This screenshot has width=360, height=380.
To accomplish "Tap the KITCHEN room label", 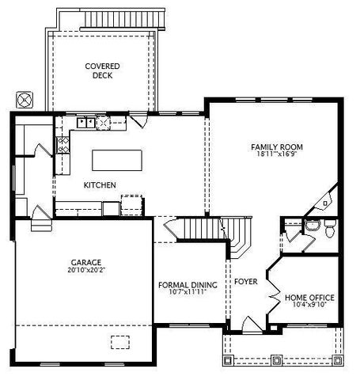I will point(100,184).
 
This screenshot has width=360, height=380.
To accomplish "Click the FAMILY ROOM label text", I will point(277,146).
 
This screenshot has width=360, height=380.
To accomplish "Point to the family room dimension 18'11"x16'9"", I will point(277,156).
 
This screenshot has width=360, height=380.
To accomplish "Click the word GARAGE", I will point(86,261).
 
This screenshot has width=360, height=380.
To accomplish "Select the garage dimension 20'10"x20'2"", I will point(86,271).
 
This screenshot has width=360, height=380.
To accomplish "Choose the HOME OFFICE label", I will point(309,297).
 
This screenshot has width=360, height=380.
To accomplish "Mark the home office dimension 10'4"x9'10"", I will point(309,306).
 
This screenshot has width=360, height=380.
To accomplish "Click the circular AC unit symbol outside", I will point(25,100).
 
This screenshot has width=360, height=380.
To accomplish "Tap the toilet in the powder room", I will point(330,228).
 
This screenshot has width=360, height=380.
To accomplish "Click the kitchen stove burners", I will point(63,144).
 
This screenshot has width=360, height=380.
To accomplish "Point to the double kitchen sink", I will point(104,122).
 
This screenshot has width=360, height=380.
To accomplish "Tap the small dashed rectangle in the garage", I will point(120,341).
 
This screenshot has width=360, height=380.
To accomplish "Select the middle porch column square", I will point(277,361).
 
